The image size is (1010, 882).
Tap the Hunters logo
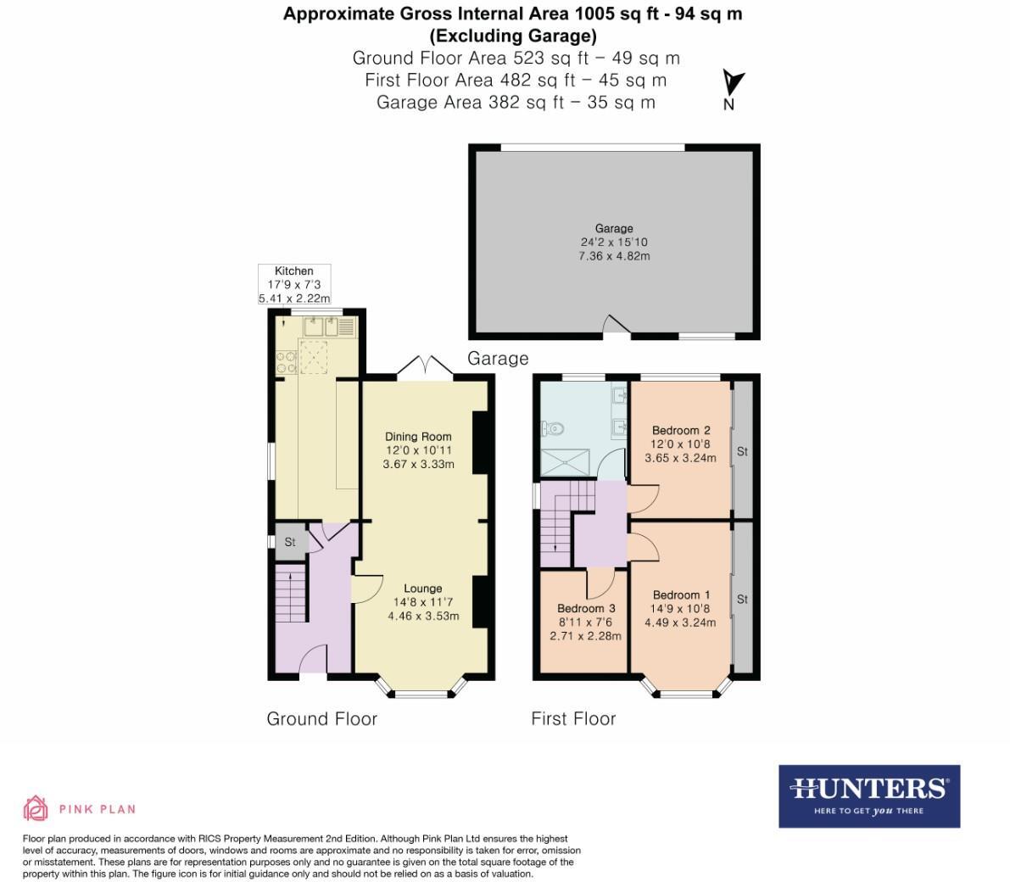point(869,795)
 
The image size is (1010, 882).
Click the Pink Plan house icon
point(36,808)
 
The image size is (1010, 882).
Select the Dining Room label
point(418,437)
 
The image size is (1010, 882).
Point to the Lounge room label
point(422,588)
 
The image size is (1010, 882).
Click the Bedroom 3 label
point(585,608)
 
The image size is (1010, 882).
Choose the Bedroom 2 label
point(681,430)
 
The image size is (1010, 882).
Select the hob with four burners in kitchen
point(286,362)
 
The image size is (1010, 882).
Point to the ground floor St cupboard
point(289,542)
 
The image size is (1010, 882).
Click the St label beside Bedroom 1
point(742,599)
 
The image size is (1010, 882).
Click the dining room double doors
point(424,367)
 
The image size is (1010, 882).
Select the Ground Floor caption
point(321,718)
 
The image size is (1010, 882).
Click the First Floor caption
point(573,718)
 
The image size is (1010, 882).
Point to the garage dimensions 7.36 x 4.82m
point(613,255)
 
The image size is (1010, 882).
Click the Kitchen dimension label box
point(293,284)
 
